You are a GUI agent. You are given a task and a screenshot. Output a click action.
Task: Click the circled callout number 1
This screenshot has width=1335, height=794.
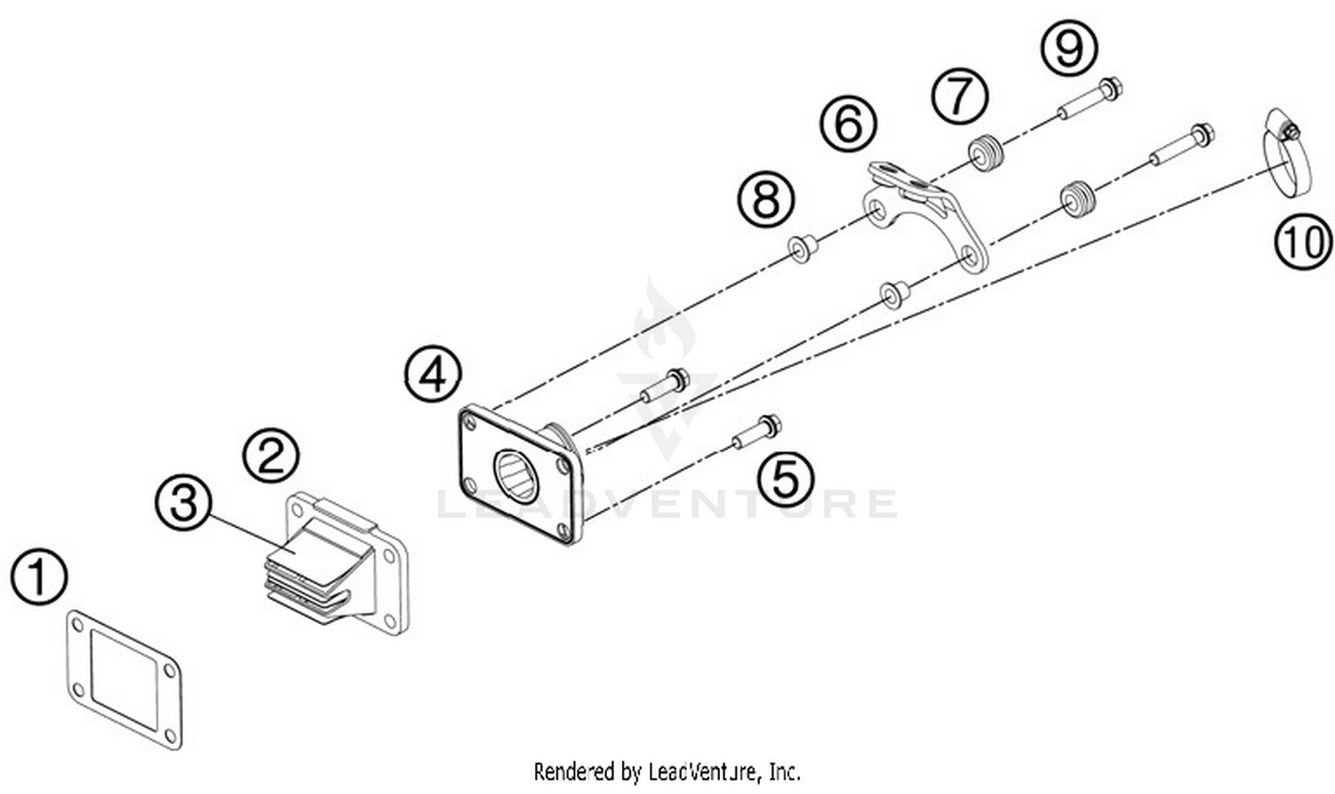[x=39, y=577]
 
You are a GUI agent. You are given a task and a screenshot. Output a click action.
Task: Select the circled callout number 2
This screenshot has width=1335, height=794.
[x=271, y=457]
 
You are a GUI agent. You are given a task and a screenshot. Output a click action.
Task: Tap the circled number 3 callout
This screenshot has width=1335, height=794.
[x=183, y=503]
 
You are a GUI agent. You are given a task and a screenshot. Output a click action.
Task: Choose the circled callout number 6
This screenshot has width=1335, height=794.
[x=848, y=123]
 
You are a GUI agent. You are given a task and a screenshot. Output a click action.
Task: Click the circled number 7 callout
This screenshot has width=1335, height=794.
[x=959, y=95]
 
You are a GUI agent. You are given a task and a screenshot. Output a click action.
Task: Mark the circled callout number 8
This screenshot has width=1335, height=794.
[x=766, y=198]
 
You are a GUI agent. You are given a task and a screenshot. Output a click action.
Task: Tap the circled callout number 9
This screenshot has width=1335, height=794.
[x=1069, y=47]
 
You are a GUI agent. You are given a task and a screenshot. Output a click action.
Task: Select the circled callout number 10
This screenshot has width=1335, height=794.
[x=1303, y=241]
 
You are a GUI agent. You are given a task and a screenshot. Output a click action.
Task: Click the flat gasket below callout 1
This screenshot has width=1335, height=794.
[x=125, y=678]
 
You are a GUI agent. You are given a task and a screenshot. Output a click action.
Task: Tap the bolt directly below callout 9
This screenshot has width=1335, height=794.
[x=1089, y=100]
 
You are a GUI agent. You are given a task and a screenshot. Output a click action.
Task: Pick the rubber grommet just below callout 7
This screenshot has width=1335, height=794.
[x=983, y=154]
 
